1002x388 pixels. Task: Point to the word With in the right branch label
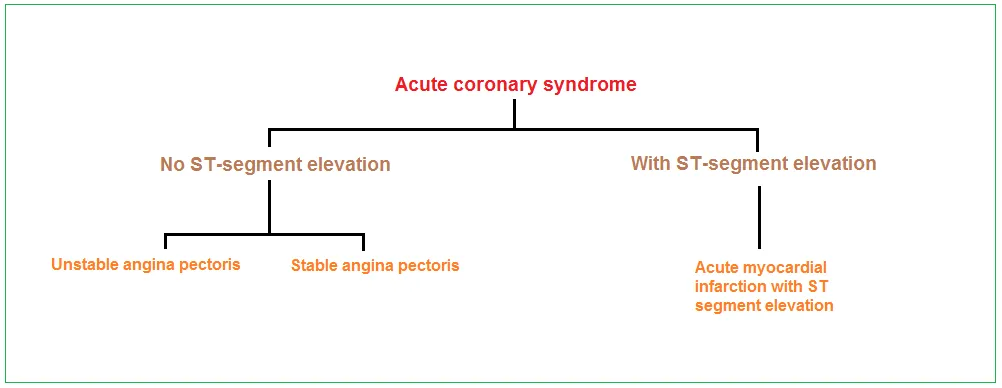(651, 163)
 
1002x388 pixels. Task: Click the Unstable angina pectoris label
(146, 264)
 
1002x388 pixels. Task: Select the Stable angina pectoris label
(375, 265)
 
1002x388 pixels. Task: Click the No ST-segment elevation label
(275, 164)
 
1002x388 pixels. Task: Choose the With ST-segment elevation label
(753, 163)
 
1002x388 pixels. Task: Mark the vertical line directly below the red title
(514, 114)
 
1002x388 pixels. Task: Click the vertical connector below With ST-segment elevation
(759, 217)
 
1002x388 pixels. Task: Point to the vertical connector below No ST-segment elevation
(269, 207)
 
